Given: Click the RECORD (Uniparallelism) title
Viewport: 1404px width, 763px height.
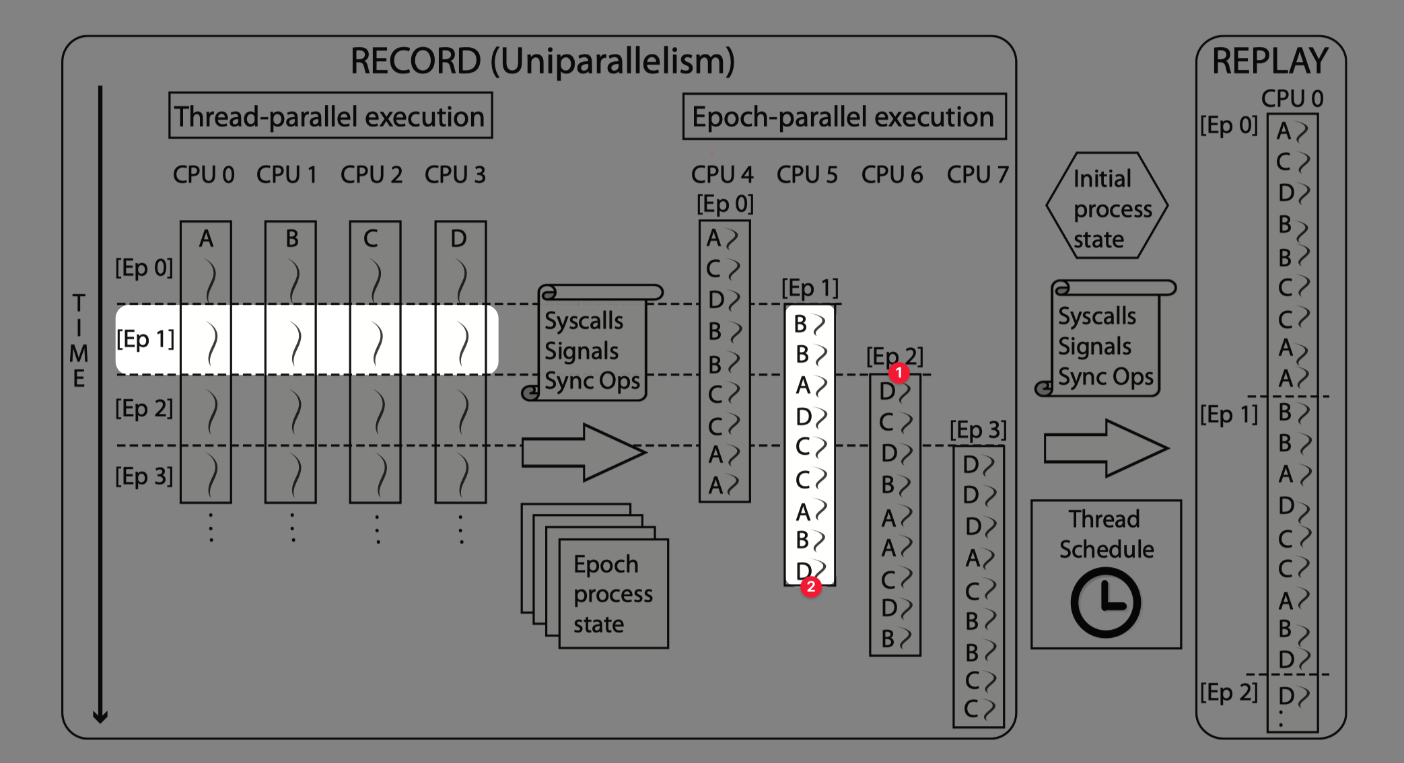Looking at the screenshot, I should (x=542, y=62).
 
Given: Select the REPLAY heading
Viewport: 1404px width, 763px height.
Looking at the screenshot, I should (x=1269, y=62).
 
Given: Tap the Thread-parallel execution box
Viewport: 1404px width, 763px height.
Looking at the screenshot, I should (x=330, y=116).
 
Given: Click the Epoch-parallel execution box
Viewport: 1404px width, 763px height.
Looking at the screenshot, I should (x=844, y=117).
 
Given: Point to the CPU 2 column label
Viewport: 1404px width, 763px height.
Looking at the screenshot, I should (x=371, y=175).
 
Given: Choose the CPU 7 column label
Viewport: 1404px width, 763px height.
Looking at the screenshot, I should (x=977, y=175).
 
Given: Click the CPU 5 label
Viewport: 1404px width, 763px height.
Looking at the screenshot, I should (x=807, y=175).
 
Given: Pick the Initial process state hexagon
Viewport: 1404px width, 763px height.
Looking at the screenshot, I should (x=1107, y=207).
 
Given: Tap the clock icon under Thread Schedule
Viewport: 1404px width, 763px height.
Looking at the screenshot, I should (x=1105, y=603).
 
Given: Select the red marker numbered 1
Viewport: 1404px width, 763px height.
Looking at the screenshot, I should (x=898, y=373).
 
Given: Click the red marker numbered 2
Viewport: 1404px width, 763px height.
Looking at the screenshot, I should (x=811, y=587).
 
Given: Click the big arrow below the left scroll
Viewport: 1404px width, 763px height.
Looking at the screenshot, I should (x=583, y=452).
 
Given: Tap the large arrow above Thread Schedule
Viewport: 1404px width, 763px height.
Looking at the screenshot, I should (x=1105, y=448).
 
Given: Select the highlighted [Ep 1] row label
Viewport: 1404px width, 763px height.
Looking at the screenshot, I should (x=145, y=339).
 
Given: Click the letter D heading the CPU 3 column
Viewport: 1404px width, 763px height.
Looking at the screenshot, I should (x=458, y=239).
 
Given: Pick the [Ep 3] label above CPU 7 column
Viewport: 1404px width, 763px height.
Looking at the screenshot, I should (x=978, y=429).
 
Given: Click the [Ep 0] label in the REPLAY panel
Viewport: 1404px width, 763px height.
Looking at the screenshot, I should (x=1228, y=125).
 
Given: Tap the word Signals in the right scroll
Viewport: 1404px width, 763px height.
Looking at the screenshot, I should (x=1094, y=347).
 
